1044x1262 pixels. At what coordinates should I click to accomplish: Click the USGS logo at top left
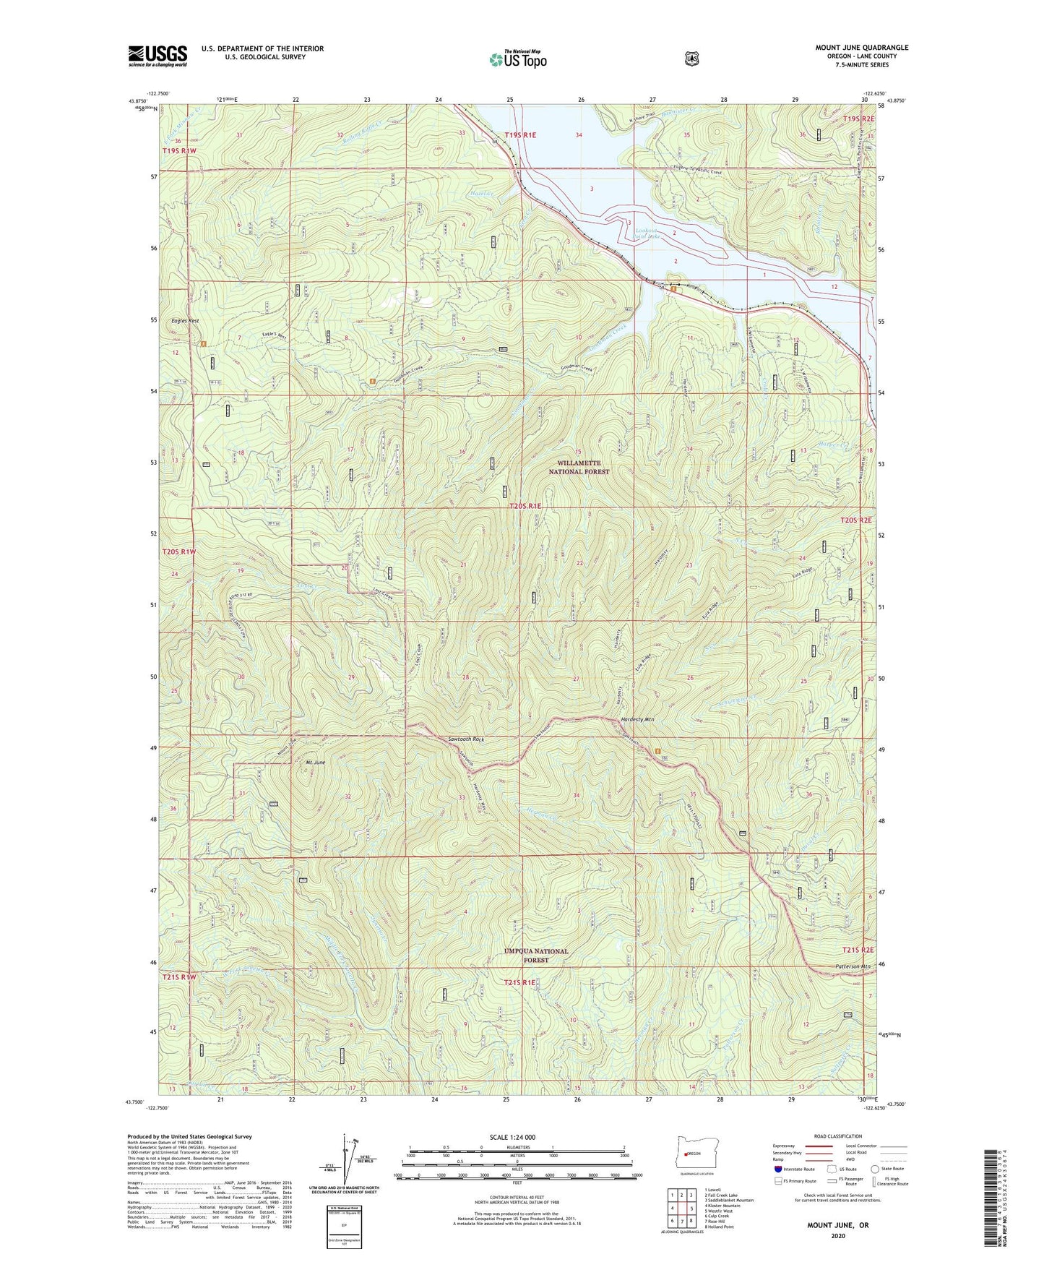(x=158, y=55)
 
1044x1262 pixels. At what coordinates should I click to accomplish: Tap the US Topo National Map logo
(x=517, y=59)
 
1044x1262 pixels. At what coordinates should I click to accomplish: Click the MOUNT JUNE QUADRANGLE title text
(x=861, y=48)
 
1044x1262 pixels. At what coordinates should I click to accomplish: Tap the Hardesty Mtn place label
(x=637, y=720)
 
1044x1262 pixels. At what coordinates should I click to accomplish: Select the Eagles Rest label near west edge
(x=184, y=320)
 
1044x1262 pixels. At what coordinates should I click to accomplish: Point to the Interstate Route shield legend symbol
(x=777, y=1169)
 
